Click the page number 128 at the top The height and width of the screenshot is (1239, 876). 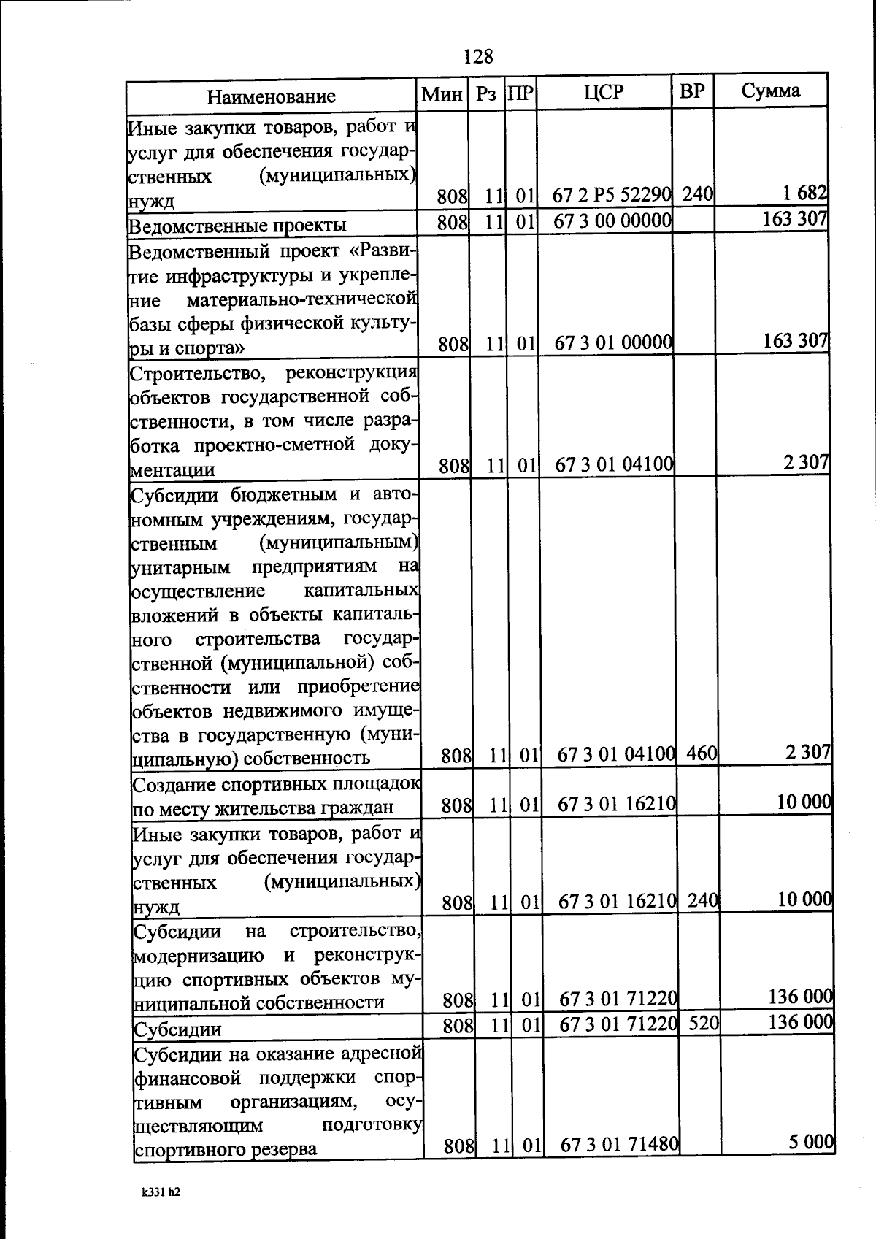(x=478, y=56)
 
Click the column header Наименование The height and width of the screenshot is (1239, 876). (x=271, y=96)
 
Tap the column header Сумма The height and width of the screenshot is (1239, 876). (x=771, y=91)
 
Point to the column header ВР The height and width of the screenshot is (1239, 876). (x=692, y=91)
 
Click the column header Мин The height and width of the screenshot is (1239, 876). (x=442, y=94)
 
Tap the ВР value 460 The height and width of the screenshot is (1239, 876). (x=702, y=753)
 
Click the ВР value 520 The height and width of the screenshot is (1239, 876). (x=704, y=1024)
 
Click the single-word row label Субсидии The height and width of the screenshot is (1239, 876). (x=177, y=1030)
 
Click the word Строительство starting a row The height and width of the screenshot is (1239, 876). (x=191, y=374)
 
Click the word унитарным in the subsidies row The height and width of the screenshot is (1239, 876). (x=181, y=567)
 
